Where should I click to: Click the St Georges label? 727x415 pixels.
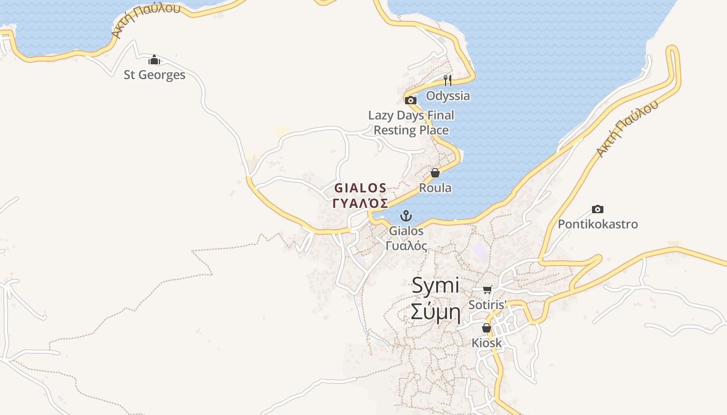154,75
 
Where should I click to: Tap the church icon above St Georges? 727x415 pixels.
154,60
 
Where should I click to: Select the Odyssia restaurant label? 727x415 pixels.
448,95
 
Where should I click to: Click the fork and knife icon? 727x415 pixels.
448,80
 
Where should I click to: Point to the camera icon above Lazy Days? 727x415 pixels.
411,100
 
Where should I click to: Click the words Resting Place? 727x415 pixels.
411,130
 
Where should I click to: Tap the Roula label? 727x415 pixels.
435,188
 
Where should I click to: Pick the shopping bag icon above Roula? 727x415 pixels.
435,173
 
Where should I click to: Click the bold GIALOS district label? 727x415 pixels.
360,188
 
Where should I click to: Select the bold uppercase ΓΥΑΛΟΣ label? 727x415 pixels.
360,202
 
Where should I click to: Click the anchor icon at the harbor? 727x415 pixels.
406,216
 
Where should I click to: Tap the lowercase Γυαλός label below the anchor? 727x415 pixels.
407,245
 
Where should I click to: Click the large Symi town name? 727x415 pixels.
435,285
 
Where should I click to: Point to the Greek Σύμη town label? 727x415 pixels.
435,312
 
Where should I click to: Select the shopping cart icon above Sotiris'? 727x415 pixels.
487,289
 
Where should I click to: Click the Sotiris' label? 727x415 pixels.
487,305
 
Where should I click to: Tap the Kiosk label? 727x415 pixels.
487,343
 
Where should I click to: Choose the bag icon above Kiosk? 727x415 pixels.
487,328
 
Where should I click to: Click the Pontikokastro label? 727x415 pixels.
598,224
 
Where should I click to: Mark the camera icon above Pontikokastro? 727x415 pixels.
598,209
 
